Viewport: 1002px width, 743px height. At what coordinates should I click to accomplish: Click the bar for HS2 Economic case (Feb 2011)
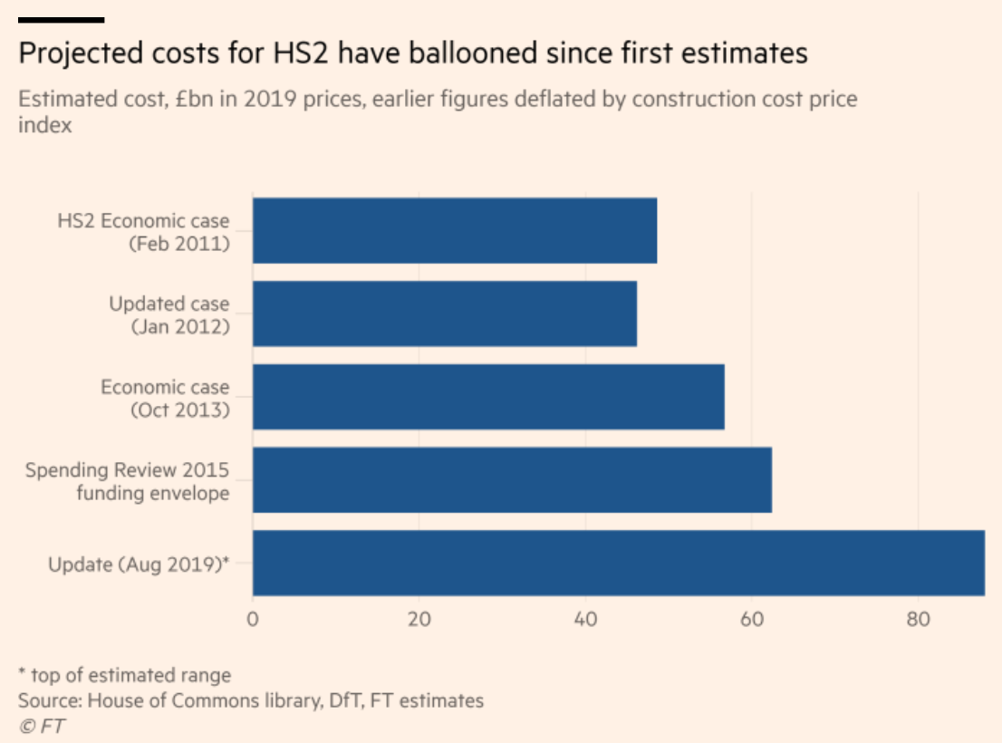pos(455,230)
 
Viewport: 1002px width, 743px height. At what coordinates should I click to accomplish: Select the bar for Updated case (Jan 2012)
pos(444,314)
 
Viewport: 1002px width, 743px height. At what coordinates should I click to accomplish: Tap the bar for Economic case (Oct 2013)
pos(488,397)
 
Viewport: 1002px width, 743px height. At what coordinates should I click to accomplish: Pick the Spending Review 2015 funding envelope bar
pos(512,480)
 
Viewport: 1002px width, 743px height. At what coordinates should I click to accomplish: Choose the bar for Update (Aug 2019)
pos(618,564)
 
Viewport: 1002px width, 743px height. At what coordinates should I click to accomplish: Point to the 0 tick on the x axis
pos(253,621)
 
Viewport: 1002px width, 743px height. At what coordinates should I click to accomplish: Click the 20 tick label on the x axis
pos(419,621)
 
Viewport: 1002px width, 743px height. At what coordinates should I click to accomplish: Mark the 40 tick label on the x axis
pos(585,621)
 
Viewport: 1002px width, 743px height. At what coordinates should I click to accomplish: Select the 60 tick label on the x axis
pos(752,621)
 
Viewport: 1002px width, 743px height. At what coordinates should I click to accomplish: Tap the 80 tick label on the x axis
pos(918,621)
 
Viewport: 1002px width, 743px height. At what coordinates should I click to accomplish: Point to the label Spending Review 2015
pos(127,470)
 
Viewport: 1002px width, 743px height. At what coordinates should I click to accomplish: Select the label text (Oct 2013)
pos(179,410)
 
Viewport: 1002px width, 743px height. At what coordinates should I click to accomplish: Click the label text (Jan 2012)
pos(180,326)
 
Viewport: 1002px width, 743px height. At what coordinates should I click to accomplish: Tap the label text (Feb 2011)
pos(178,244)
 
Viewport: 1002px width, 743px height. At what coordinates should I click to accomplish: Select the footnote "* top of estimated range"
pos(124,675)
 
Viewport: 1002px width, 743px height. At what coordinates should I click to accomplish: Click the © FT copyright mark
pos(42,725)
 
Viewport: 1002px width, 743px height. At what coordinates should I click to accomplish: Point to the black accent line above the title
pos(61,19)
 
